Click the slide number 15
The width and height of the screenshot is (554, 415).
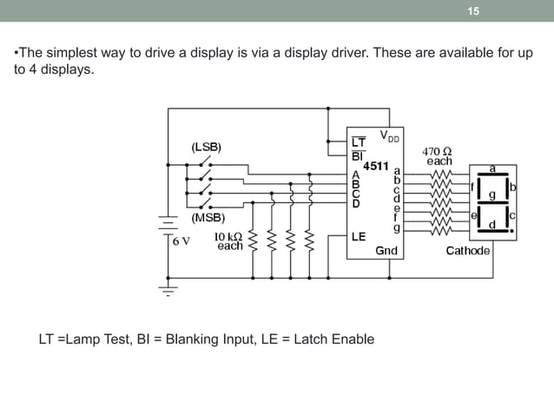click(472, 11)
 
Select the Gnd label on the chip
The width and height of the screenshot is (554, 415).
click(386, 250)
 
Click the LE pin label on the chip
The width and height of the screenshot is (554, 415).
click(359, 235)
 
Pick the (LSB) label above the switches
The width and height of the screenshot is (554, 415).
click(206, 148)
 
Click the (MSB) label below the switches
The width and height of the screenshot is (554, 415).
click(208, 218)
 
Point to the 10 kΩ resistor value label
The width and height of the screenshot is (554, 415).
click(229, 240)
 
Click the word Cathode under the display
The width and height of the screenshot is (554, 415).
click(467, 251)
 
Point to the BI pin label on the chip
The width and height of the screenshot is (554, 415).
click(357, 156)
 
